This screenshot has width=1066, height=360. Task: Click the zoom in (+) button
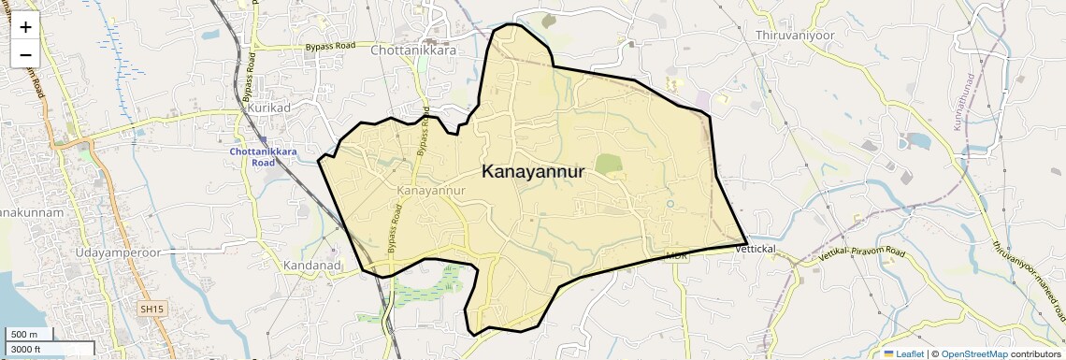25,27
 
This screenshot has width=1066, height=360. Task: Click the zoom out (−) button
25,54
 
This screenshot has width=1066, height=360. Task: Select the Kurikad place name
270,108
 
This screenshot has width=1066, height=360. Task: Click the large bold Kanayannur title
533,172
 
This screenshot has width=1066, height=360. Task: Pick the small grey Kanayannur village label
431,190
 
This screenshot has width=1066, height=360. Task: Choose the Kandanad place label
310,266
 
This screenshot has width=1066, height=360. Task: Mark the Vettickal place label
756,249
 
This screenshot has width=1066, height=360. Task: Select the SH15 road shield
151,309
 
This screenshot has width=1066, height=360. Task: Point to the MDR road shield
676,255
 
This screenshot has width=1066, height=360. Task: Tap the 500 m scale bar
27,335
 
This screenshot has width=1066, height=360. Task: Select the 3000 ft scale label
27,349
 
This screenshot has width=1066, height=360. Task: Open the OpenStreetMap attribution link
973,353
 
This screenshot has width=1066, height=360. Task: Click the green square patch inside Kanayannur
609,165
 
